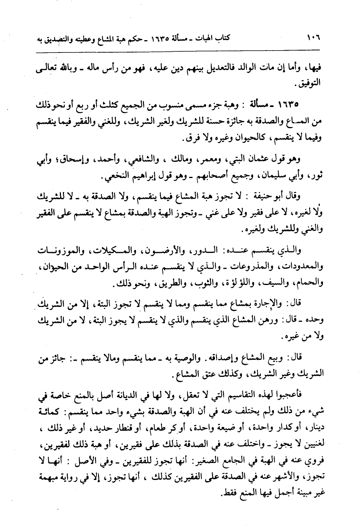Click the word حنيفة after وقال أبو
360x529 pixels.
coord(263,197)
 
